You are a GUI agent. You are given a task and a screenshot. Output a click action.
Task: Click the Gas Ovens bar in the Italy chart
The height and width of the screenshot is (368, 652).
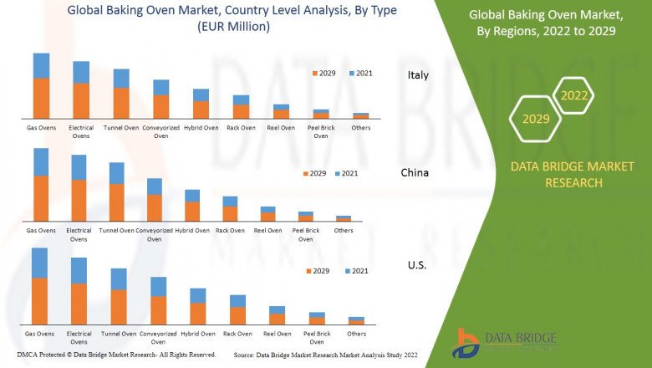click(x=41, y=86)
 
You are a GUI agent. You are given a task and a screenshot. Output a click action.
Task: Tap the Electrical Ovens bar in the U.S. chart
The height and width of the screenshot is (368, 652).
click(x=79, y=291)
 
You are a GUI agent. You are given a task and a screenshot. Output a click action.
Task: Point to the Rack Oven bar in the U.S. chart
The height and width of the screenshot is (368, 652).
click(x=238, y=309)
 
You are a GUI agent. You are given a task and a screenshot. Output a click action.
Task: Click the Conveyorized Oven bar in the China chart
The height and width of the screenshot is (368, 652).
click(x=155, y=199)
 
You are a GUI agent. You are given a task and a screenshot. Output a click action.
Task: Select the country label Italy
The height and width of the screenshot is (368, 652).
click(x=418, y=75)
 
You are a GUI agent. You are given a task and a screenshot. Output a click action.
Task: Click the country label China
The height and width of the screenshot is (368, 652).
click(x=415, y=173)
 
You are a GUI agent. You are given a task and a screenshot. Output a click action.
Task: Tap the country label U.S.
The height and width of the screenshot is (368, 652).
click(x=417, y=265)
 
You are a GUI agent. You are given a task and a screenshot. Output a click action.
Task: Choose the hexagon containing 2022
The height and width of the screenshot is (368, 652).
click(x=574, y=96)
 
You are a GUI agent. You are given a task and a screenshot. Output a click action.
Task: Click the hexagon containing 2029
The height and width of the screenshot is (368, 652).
click(x=536, y=119)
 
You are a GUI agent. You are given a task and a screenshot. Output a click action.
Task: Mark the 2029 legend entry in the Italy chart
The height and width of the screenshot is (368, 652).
click(x=323, y=73)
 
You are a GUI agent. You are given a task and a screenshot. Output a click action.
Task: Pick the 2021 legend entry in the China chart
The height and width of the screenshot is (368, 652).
click(x=345, y=173)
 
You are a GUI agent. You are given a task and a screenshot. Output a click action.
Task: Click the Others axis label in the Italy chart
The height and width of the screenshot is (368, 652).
click(x=360, y=128)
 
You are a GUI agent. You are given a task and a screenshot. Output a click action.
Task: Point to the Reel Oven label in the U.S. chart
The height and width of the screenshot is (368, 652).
click(x=278, y=334)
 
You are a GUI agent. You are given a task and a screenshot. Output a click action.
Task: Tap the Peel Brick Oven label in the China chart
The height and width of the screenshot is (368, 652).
click(x=306, y=234)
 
